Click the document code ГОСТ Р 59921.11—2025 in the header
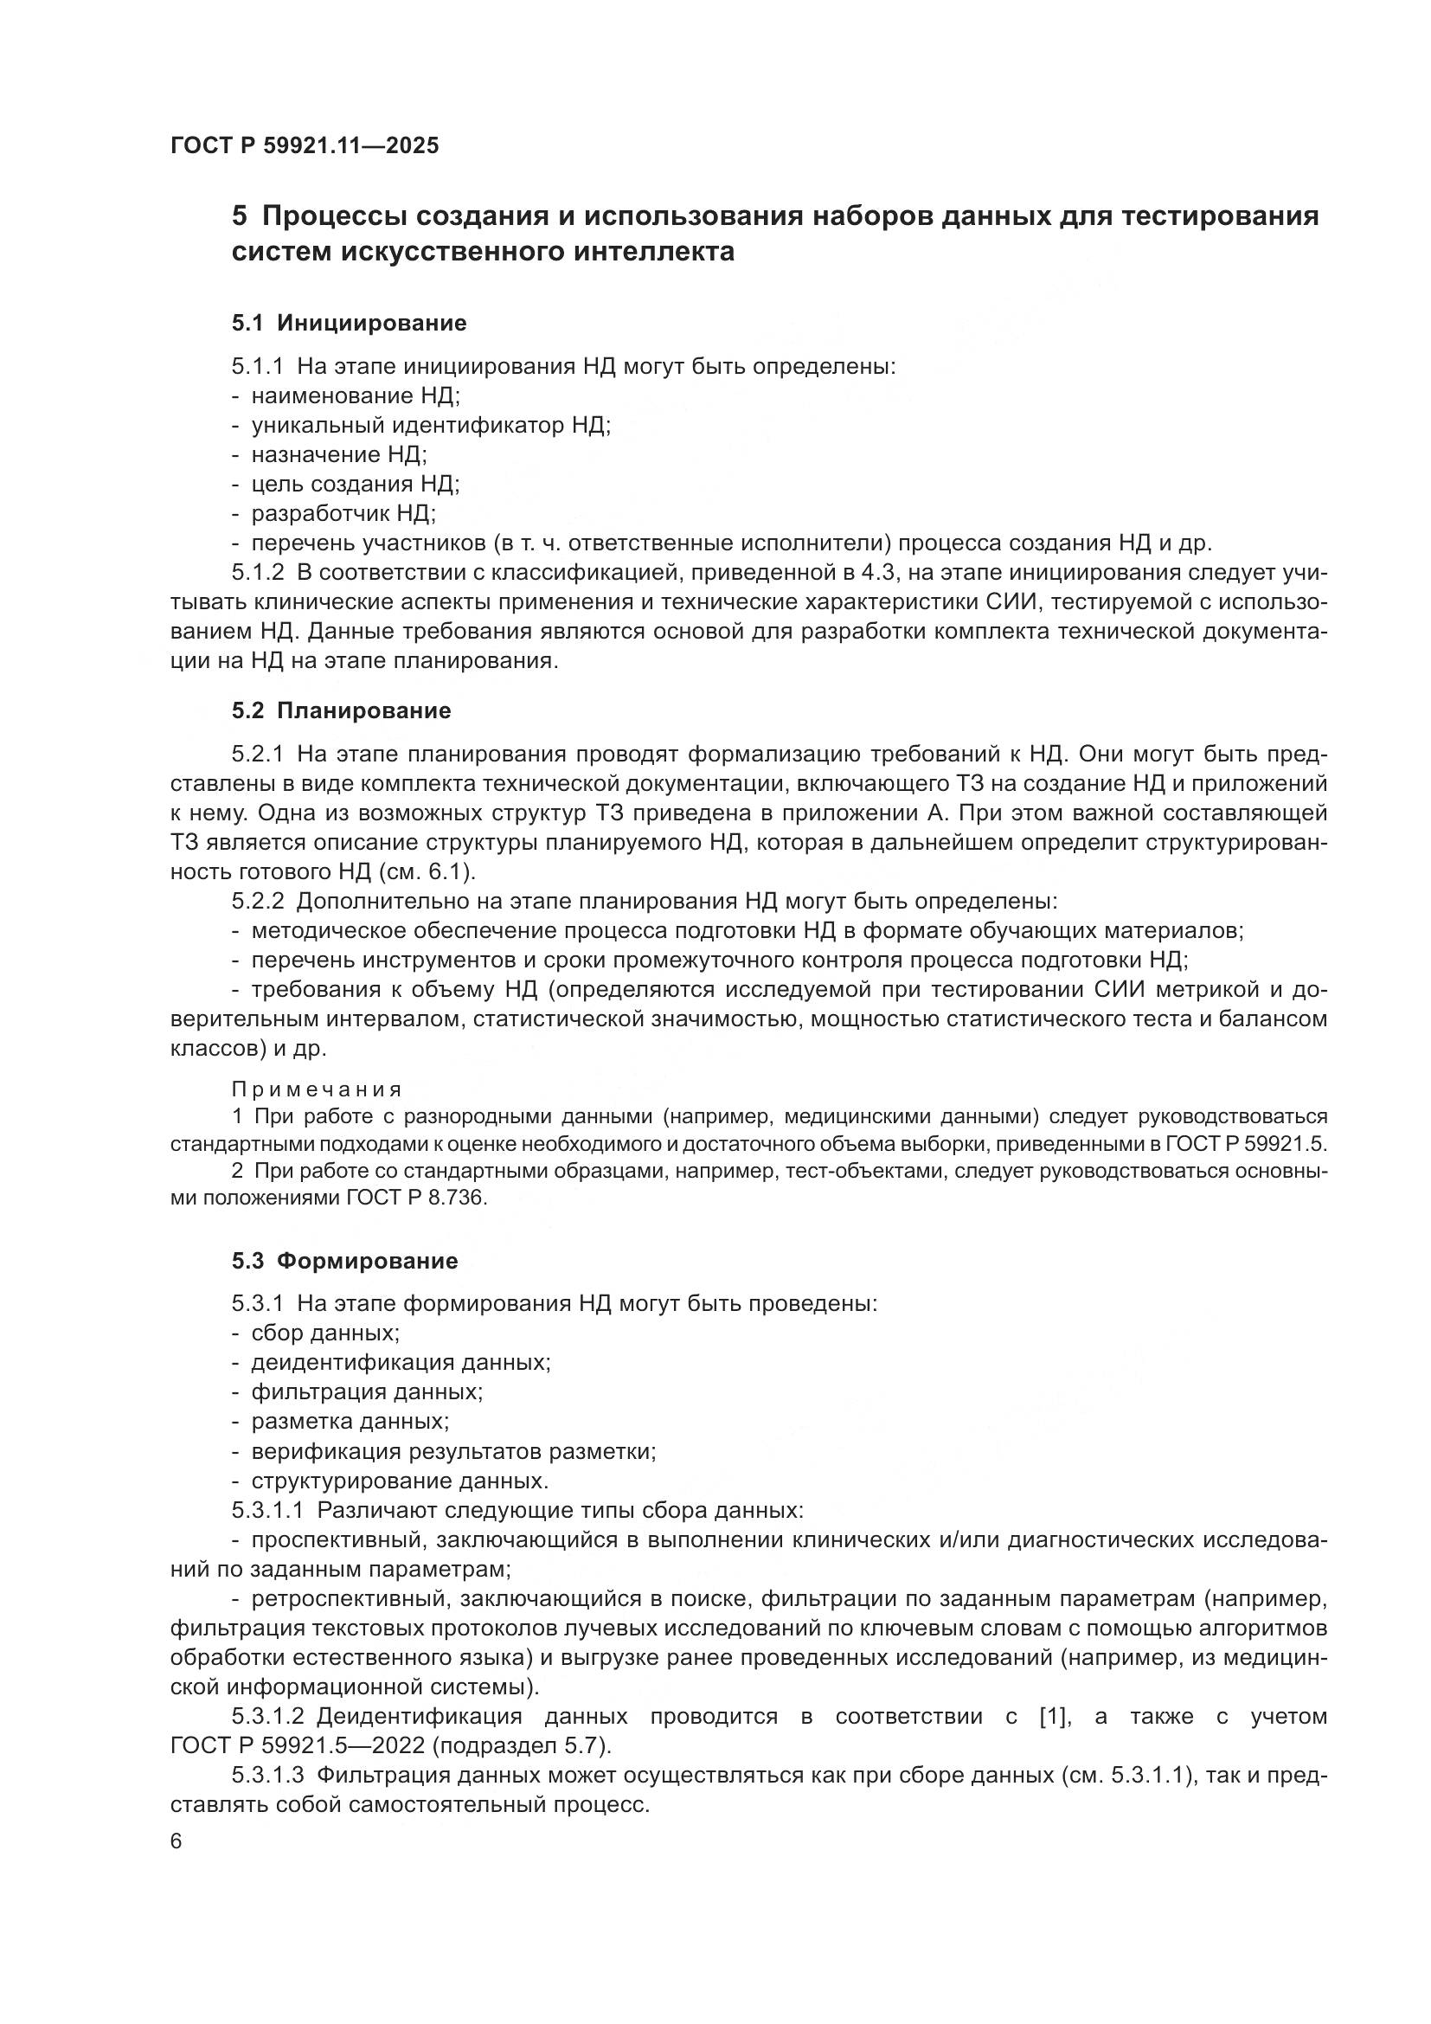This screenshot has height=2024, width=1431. (x=305, y=145)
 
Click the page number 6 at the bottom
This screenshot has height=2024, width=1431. (x=176, y=1841)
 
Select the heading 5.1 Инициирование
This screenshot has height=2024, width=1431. (x=349, y=323)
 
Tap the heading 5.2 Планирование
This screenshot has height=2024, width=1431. (x=341, y=710)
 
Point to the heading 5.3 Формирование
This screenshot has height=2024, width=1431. (x=344, y=1261)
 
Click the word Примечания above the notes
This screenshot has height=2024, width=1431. (x=318, y=1089)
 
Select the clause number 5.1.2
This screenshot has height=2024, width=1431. (x=258, y=572)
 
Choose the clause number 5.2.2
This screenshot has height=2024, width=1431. (x=258, y=901)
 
